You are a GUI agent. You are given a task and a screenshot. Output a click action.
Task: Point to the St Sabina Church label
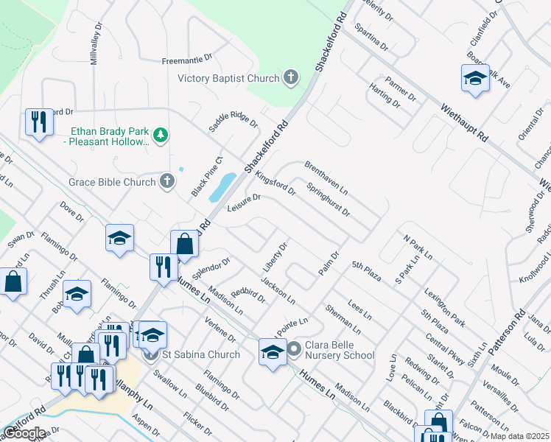201,354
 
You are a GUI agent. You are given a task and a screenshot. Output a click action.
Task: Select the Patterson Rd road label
510,329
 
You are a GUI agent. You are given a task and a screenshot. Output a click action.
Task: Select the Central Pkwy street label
445,348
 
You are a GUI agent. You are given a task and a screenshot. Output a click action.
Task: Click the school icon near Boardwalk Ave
475,78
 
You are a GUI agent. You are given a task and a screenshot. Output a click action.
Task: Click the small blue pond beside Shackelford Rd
223,188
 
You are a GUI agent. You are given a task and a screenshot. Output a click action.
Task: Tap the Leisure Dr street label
245,200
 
